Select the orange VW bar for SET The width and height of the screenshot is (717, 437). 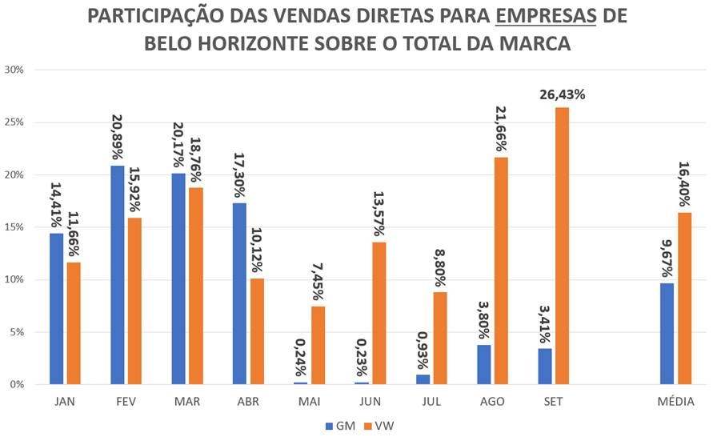point(562,246)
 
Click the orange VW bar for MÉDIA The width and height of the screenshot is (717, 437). point(686,298)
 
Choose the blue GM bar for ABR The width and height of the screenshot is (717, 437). point(240,294)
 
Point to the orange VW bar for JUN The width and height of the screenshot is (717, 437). point(379,313)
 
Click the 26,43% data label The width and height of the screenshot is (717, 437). point(561,94)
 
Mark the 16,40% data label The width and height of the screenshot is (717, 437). point(686,184)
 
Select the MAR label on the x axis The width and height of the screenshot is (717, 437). point(187,402)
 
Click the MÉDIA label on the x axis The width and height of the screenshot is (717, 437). point(676,402)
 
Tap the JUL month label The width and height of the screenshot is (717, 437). point(431,402)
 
